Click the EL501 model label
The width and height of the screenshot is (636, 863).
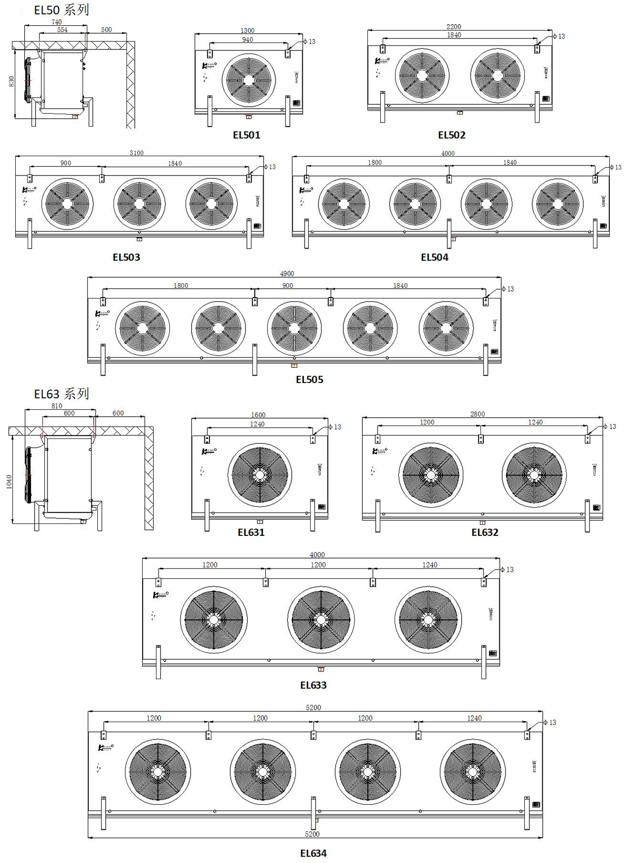coord(246,135)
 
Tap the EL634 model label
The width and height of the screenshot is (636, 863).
coord(313,853)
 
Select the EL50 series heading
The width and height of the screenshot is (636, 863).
coord(61,10)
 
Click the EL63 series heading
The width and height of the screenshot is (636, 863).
coord(61,394)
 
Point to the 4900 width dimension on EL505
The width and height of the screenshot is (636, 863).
coord(287,274)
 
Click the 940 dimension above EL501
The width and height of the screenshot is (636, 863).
coord(247,40)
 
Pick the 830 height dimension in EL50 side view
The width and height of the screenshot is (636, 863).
coord(11,81)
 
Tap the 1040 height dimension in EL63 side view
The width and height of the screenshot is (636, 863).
coord(9,482)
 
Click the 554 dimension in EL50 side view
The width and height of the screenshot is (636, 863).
coord(62,30)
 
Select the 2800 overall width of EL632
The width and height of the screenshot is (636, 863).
coord(477,414)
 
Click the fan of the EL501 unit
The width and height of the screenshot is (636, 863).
coord(248,80)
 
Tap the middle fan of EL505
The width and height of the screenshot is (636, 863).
coord(294,328)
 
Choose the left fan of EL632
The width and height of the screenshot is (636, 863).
coord(431,475)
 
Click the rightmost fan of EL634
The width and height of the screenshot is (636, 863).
coord(472,771)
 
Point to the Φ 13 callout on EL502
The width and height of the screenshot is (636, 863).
coord(558,36)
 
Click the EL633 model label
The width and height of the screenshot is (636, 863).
coord(313,685)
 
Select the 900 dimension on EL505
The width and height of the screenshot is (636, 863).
coord(287,286)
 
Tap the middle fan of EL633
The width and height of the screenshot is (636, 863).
coord(320,619)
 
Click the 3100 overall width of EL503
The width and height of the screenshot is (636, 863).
coord(137,153)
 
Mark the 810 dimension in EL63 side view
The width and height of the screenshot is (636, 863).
coord(57,406)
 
